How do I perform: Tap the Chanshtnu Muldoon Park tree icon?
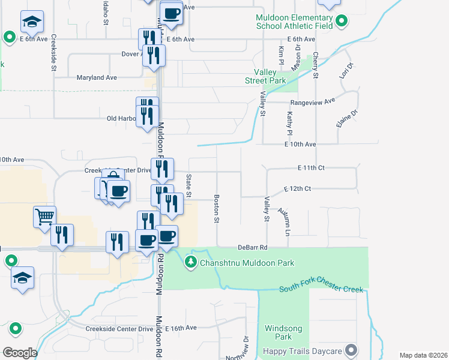[x=191, y=261]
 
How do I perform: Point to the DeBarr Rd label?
[x=252, y=247]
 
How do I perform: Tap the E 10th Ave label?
[x=300, y=145]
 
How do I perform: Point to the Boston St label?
[x=216, y=208]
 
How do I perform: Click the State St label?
[x=188, y=185]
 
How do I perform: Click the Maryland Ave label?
[x=97, y=77]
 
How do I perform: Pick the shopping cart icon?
[x=45, y=217]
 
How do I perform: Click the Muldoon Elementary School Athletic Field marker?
[x=342, y=22]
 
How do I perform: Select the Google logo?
[x=20, y=353]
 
